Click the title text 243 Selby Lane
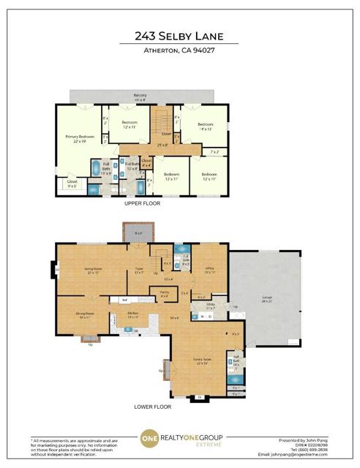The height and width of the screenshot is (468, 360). pos(179,34)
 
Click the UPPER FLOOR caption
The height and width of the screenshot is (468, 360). pos(142,203)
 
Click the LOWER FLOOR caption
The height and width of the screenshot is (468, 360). pos(152,407)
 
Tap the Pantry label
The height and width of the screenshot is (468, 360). pos(165,292)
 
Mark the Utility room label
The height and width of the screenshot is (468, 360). pos(210,306)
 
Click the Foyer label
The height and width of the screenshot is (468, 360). pos(138,270)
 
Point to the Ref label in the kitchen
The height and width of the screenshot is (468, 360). pos(124,300)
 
